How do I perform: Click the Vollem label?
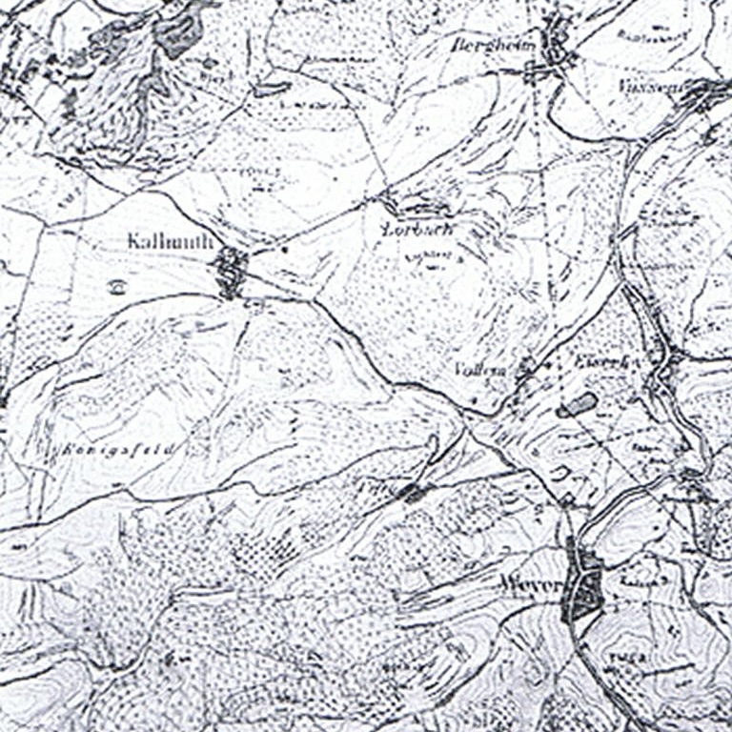[478, 369]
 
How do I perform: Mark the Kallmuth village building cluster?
[231, 272]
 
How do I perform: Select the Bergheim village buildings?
[553, 48]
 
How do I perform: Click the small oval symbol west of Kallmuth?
[117, 285]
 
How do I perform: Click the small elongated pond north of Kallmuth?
[270, 89]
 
